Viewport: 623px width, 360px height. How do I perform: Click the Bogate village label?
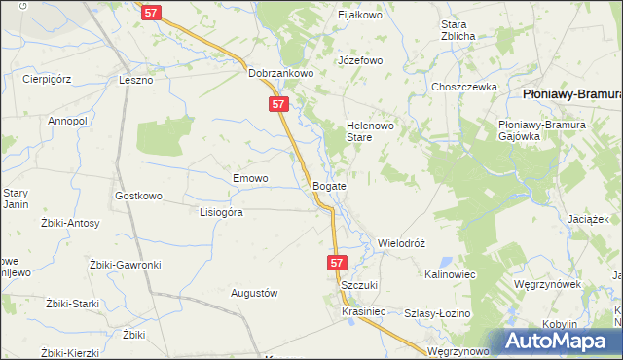(329, 185)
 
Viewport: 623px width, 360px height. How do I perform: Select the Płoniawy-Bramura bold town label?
(572, 94)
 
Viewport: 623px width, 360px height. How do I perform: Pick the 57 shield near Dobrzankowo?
(279, 104)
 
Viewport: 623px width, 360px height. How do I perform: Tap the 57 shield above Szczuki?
(337, 263)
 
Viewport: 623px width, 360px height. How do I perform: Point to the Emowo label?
(250, 179)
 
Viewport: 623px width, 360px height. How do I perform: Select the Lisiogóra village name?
(220, 211)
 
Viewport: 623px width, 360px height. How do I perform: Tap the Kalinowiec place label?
(450, 275)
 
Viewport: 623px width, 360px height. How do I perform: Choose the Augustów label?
(254, 293)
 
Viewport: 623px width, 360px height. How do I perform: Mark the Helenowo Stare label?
(367, 131)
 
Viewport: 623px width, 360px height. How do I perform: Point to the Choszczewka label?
(465, 87)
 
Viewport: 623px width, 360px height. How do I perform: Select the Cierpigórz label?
(49, 80)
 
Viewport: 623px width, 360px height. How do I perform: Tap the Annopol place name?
(68, 121)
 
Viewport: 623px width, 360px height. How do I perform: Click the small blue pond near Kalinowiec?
(445, 261)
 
